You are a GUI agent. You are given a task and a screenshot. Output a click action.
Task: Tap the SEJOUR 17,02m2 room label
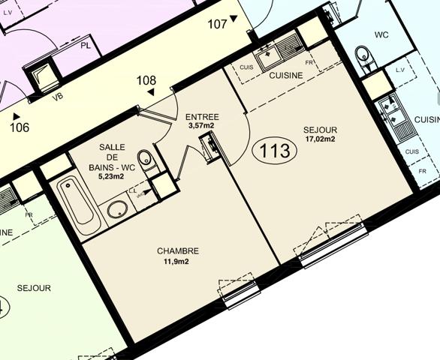coord(320,133)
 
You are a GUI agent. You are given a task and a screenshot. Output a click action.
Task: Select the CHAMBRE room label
coord(178,250)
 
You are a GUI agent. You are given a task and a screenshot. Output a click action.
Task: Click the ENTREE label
coord(201,116)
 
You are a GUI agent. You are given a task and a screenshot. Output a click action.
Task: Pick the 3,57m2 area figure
coord(201,126)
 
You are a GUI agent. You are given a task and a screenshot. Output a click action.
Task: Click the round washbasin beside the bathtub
coord(117,208)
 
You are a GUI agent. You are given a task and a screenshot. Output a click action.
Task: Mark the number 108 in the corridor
coord(146,80)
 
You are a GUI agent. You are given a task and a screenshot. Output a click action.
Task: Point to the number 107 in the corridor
coord(218,24)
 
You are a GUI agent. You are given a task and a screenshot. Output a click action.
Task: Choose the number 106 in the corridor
coord(20,127)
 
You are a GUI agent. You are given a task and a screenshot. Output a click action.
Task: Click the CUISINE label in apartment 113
coord(286,75)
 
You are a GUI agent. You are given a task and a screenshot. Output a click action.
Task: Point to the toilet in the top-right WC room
coord(363,56)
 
